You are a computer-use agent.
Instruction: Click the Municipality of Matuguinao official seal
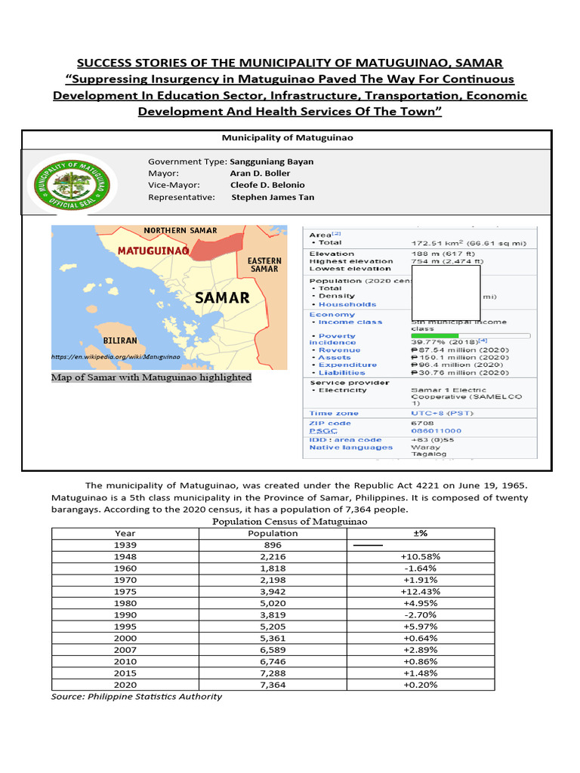click(x=69, y=180)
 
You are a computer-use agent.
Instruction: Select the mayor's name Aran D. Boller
click(x=260, y=173)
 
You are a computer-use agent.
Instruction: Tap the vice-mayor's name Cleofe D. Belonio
click(x=267, y=185)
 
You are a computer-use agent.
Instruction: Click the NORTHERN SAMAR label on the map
click(x=180, y=230)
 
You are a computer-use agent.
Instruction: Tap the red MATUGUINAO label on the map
click(x=153, y=249)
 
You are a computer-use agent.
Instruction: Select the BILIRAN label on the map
click(x=121, y=340)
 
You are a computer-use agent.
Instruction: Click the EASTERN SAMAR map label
click(x=264, y=265)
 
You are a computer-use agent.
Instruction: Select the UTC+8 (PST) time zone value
click(x=439, y=413)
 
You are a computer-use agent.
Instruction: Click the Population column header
click(x=273, y=533)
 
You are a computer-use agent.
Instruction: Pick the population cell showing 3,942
click(x=273, y=592)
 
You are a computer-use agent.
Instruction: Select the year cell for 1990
click(x=125, y=615)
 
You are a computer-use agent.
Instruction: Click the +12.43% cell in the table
click(x=421, y=592)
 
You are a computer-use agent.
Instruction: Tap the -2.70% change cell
click(x=421, y=615)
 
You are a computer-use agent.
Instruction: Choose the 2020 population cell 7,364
click(x=273, y=685)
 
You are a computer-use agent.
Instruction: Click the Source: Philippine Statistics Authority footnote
click(x=137, y=696)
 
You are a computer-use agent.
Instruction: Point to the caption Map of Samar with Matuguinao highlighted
click(x=151, y=377)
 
